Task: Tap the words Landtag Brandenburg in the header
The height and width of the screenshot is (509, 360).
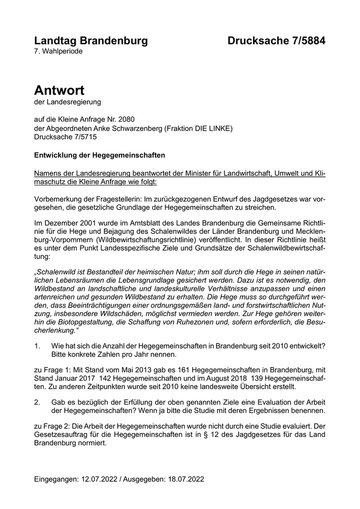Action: pyautogui.click(x=91, y=41)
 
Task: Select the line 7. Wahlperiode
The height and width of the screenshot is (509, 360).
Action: pyautogui.click(x=58, y=51)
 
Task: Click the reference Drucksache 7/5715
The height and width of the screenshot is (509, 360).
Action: pyautogui.click(x=65, y=137)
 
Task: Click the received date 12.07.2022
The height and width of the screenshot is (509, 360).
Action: pyautogui.click(x=100, y=479)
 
